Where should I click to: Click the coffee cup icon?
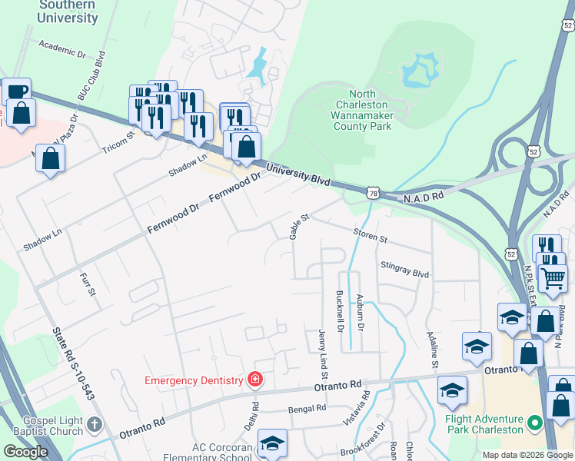(x=16, y=91)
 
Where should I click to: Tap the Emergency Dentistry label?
(x=193, y=380)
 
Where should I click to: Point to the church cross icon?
(x=94, y=424)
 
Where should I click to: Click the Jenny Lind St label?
(x=323, y=354)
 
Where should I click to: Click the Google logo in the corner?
(x=25, y=452)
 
